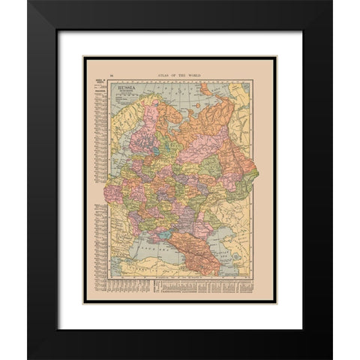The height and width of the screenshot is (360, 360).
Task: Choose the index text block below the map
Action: click(x=202, y=289)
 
